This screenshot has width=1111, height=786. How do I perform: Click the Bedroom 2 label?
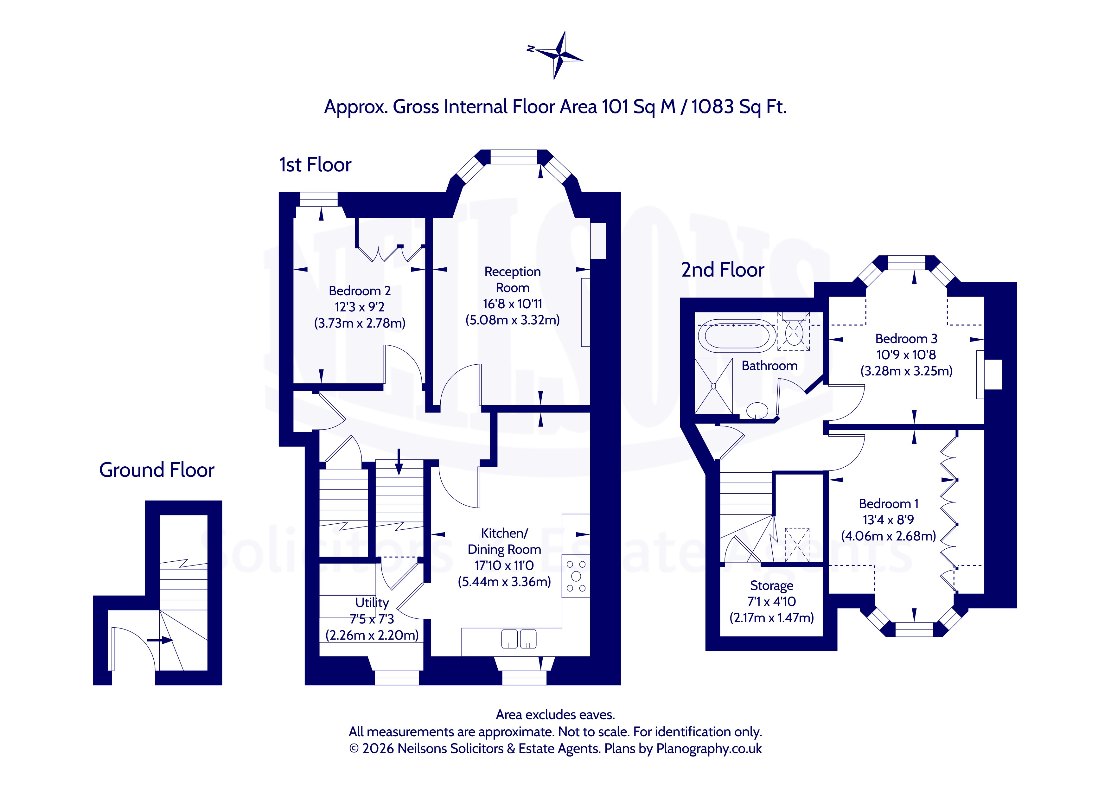pos(360,291)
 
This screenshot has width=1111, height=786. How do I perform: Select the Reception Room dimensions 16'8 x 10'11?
pos(513,304)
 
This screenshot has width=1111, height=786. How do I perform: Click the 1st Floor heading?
pos(315,165)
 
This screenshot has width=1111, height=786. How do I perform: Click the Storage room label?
pos(772,586)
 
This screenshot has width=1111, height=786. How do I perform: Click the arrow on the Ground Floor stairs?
pos(160,640)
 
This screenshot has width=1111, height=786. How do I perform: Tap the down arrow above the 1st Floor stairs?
pos(399,462)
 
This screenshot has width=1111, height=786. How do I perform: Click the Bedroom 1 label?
pos(888,504)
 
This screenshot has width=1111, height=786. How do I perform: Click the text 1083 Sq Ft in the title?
pos(738,107)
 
